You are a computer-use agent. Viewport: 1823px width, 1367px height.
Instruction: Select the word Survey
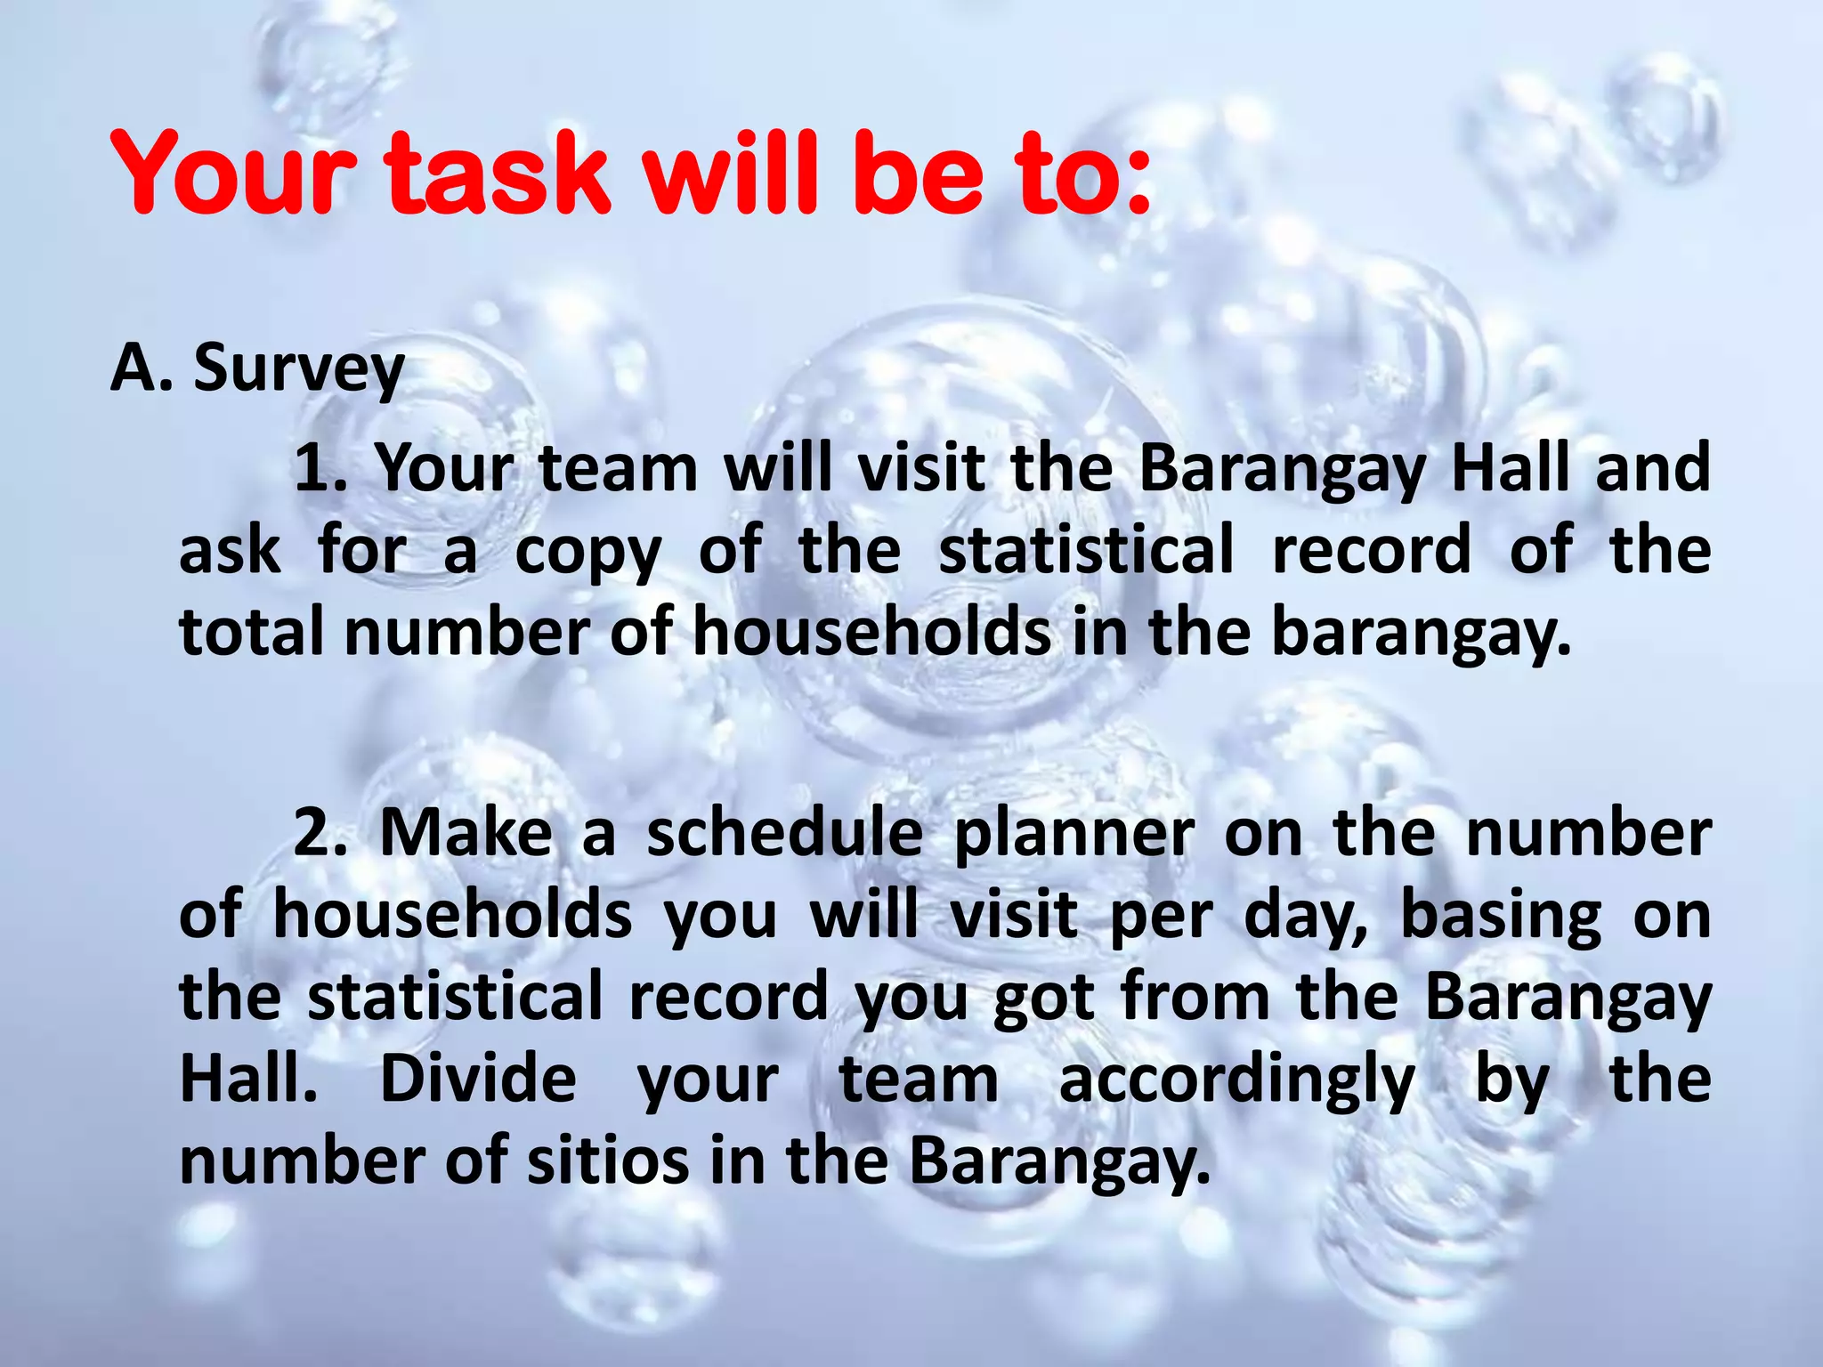299,368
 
